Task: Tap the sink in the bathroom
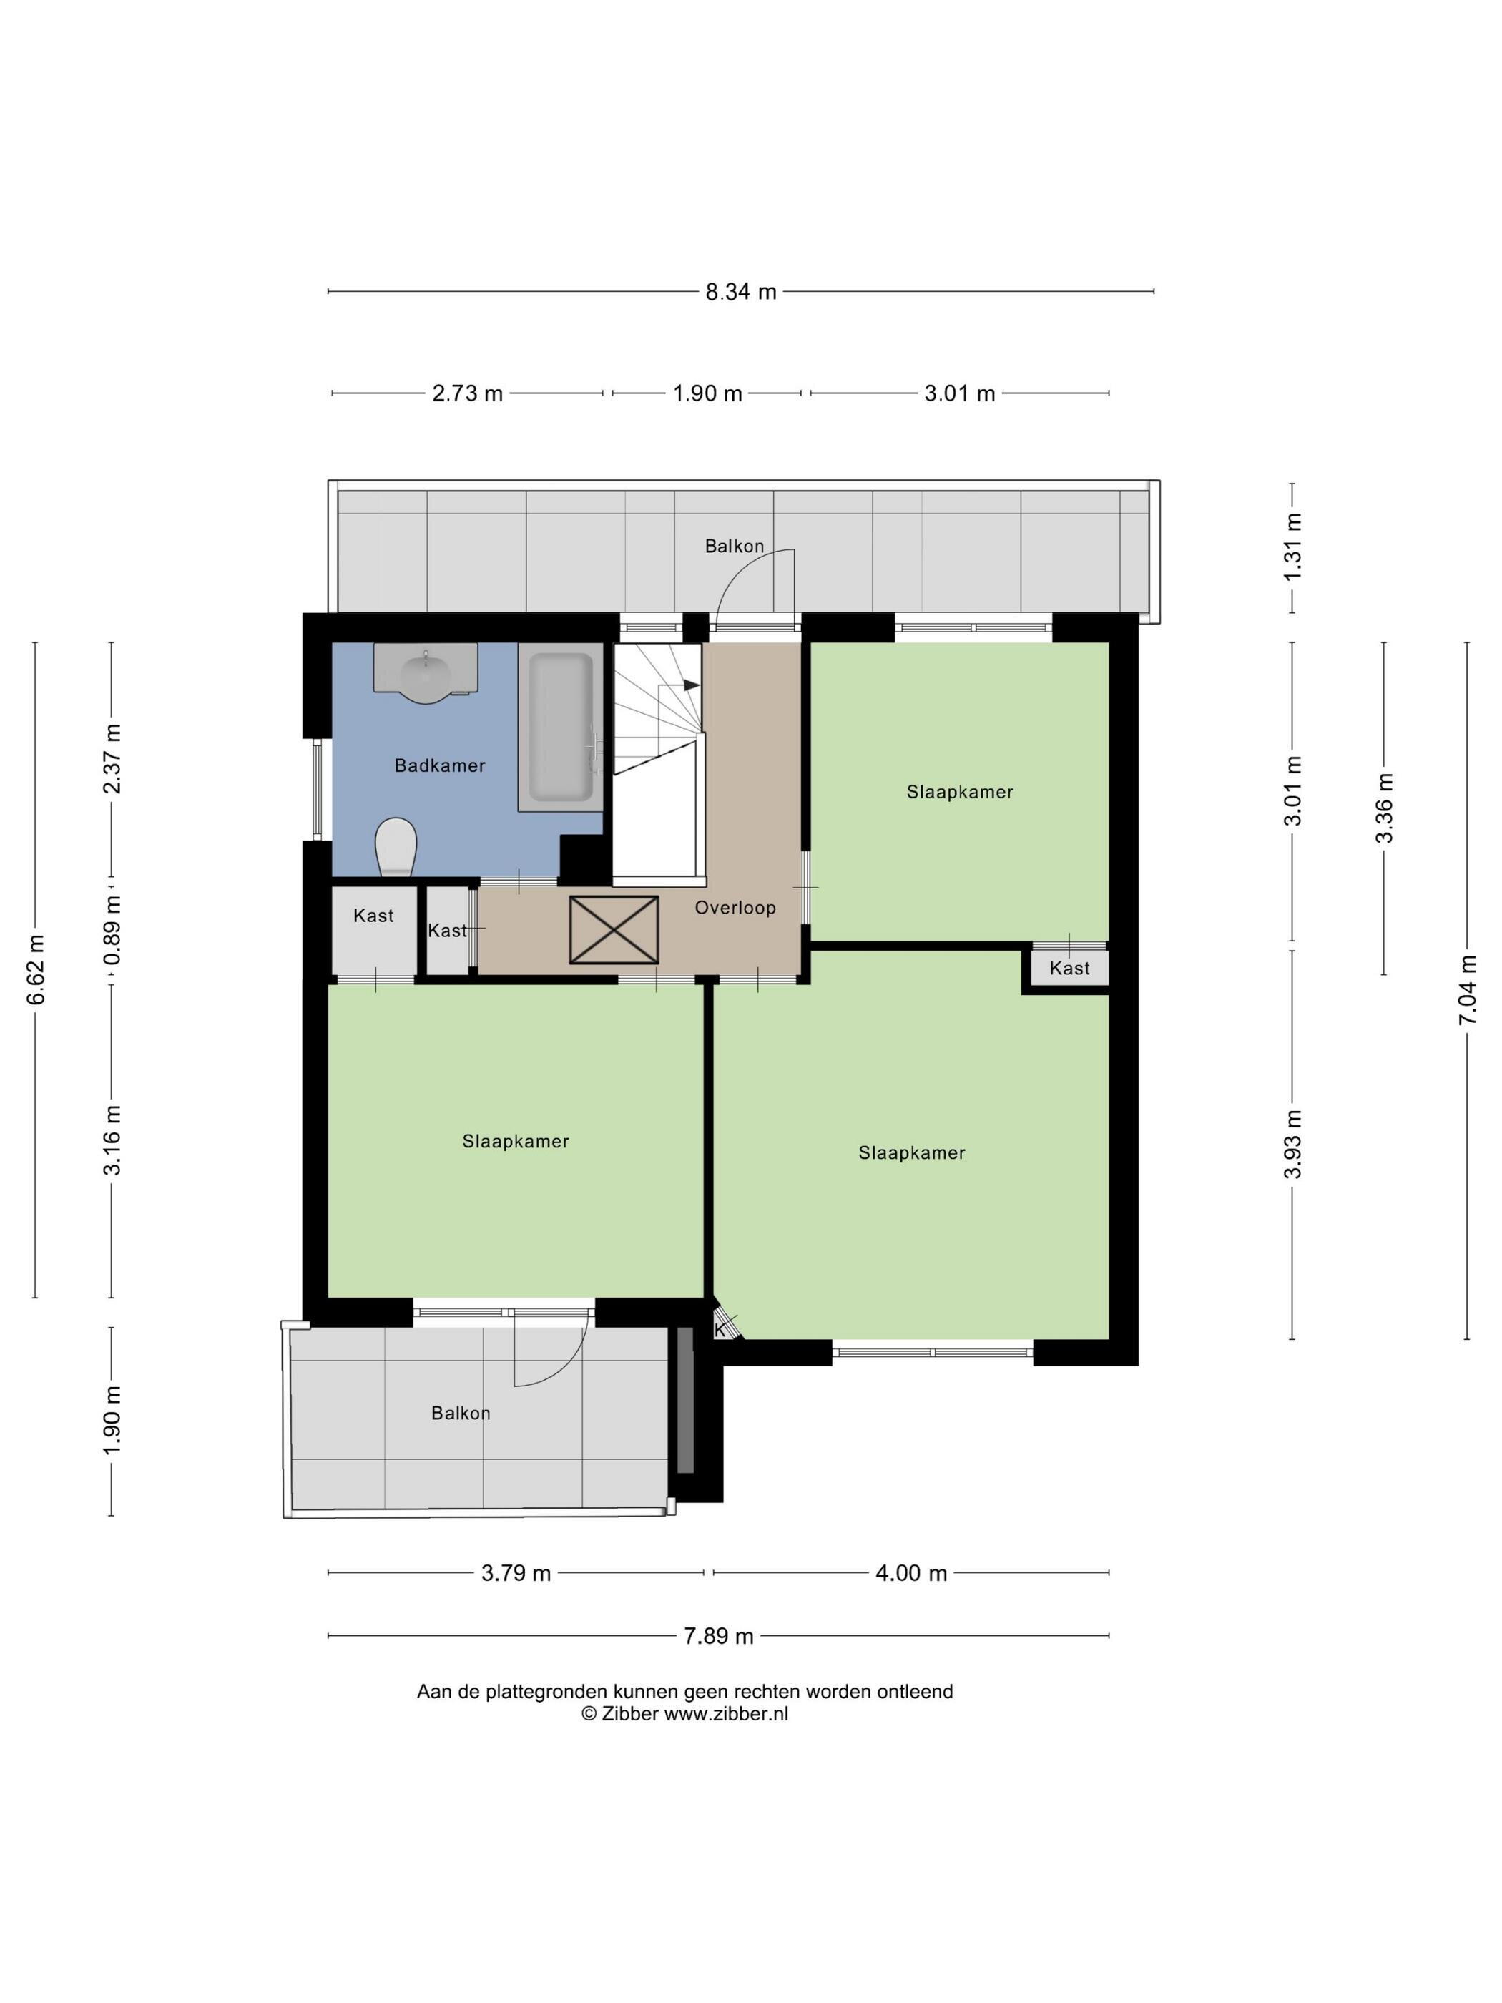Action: pos(426,672)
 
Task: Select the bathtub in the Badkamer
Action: pos(561,727)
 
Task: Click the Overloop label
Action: pos(735,907)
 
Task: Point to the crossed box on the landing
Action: pos(614,930)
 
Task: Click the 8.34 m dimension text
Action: pos(740,292)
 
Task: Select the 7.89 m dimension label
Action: pos(718,1636)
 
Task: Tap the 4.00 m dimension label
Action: pos(910,1573)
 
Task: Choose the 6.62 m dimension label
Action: pos(35,970)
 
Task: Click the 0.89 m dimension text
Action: pos(112,932)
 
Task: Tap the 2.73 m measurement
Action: pos(467,393)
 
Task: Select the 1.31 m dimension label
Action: pos(1293,547)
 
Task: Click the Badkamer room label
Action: pos(440,766)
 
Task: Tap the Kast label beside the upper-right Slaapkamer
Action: pos(1069,968)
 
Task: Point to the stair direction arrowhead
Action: pos(692,685)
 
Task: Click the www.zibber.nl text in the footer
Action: pos(726,1713)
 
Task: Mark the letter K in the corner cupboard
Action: pos(720,1330)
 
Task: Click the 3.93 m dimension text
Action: pos(1293,1144)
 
